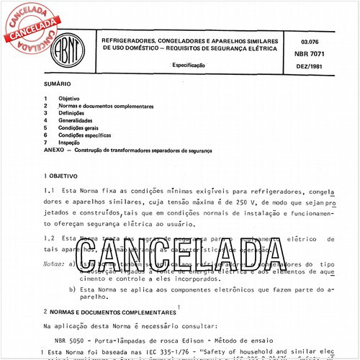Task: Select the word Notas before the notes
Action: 54,264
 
